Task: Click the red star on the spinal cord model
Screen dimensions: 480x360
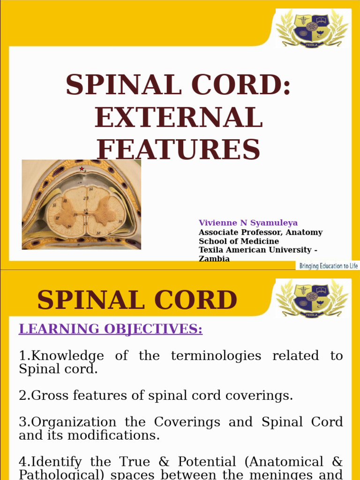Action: pos(82,169)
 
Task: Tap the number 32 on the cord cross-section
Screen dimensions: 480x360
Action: pos(91,189)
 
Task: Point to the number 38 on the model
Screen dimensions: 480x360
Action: pos(65,201)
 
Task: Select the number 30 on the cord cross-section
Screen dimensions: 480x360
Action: pos(98,233)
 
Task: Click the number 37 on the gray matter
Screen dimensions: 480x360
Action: pos(57,218)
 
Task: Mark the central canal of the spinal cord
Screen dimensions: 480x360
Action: pos(86,215)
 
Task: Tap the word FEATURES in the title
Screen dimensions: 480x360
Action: pos(178,149)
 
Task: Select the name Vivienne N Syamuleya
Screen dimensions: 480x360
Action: pos(248,223)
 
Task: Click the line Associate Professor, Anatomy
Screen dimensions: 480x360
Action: pos(261,232)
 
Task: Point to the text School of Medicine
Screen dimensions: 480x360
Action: pos(239,241)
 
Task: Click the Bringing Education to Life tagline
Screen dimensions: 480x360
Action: pos(329,266)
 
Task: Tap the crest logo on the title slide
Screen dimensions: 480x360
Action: pos(311,27)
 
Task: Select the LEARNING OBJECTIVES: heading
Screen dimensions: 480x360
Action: pos(111,329)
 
